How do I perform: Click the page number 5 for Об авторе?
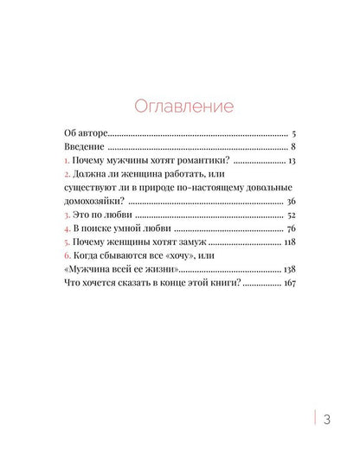(294, 134)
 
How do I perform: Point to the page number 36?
(291, 202)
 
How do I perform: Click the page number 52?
(291, 215)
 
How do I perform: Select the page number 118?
(290, 243)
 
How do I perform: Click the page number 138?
(290, 269)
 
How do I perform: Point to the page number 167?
(289, 283)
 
